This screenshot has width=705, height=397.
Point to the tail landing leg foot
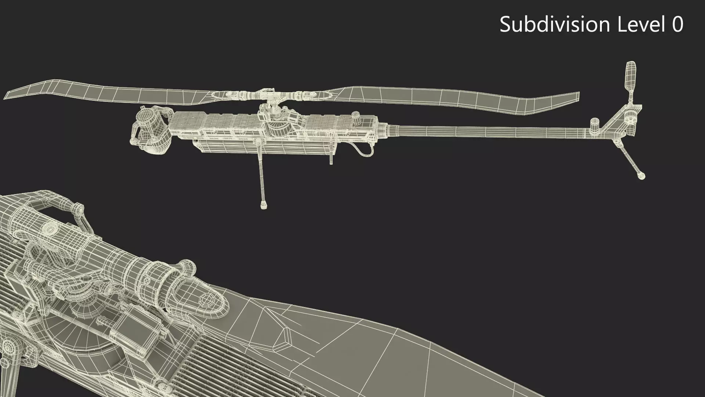click(641, 176)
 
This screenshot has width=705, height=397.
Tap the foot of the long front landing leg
click(263, 205)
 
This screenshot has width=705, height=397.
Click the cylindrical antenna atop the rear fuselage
click(355, 117)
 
